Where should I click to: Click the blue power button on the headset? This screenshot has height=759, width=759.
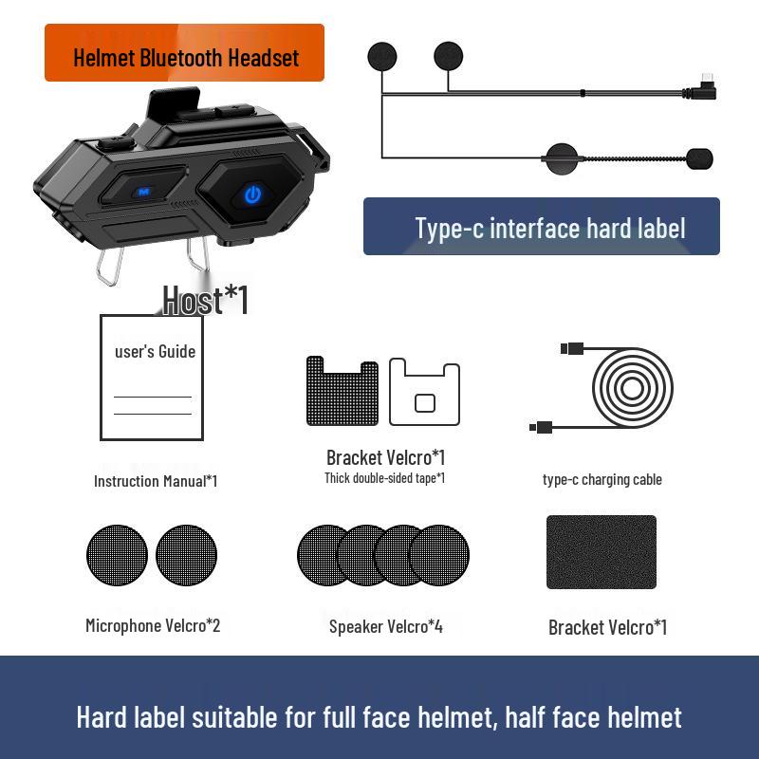click(252, 194)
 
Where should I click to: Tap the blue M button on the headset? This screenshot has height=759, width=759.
click(144, 191)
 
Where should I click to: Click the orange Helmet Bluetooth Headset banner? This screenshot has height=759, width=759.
click(185, 56)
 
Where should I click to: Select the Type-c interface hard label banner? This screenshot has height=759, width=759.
click(541, 228)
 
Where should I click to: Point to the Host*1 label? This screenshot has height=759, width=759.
click(205, 300)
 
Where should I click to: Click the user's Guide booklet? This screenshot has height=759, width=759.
click(152, 377)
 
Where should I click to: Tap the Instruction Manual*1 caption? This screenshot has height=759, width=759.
click(156, 481)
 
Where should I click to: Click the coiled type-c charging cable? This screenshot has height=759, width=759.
click(632, 389)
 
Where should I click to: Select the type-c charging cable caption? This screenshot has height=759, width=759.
click(602, 479)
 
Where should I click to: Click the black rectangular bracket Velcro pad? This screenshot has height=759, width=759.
click(602, 552)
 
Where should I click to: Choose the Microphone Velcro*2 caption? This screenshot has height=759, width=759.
click(153, 626)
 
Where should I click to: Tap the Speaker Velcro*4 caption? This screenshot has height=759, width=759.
click(386, 626)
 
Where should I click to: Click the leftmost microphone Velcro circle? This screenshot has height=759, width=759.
click(117, 555)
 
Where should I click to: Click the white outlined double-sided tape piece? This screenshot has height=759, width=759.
click(425, 391)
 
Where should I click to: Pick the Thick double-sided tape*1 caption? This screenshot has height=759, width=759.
click(384, 478)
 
